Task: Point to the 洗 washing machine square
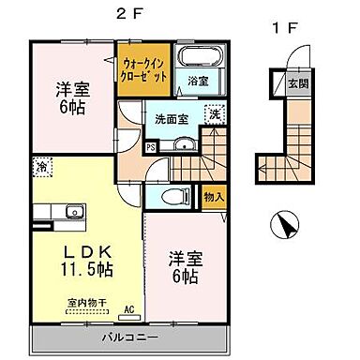click(215, 113)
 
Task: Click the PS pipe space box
click(150, 146)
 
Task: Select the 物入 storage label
click(213, 197)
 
